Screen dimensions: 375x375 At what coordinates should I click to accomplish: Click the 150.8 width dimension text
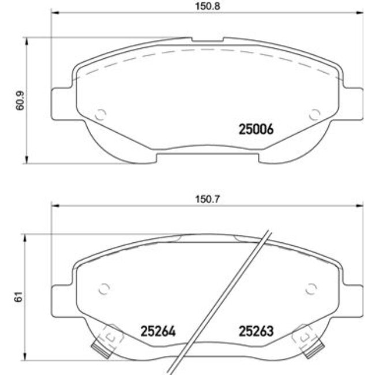click(x=207, y=6)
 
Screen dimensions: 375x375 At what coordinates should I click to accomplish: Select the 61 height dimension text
click(x=18, y=298)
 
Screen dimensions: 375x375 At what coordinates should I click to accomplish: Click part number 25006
click(x=256, y=130)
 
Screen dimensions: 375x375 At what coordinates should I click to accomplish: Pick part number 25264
click(x=157, y=332)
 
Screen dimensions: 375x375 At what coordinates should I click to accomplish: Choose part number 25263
click(x=256, y=332)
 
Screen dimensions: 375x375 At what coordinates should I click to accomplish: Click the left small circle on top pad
click(x=100, y=114)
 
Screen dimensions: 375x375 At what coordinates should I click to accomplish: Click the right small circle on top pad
click(x=314, y=114)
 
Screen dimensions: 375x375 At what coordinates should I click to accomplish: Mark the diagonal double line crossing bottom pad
click(x=222, y=300)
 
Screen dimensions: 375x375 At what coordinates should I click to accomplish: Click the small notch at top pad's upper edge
click(x=207, y=40)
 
